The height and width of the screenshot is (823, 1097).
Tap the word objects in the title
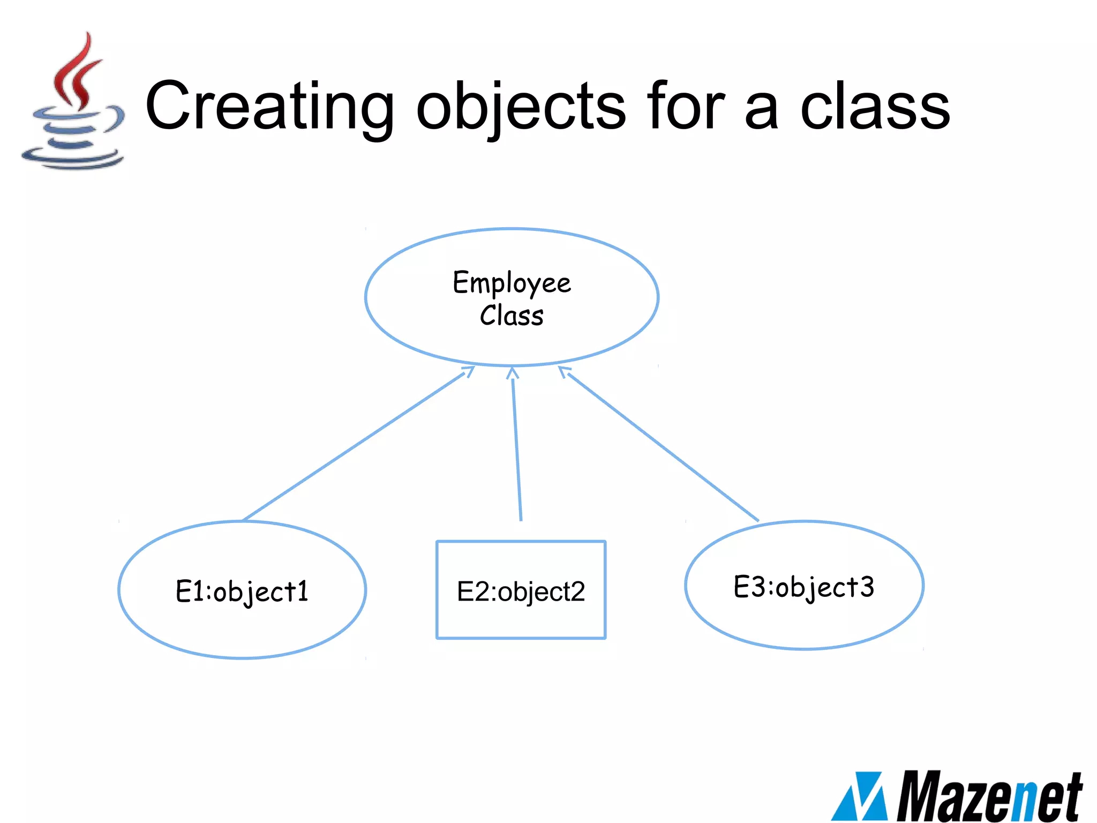tap(521, 107)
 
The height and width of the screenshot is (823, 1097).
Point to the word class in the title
tap(875, 106)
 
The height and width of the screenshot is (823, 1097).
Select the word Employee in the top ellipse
tap(512, 283)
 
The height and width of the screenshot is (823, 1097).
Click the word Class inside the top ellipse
tap(512, 316)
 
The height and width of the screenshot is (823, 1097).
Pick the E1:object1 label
tap(242, 592)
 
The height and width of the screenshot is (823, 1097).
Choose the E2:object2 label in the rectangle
tap(521, 592)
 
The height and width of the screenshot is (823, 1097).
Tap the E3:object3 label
tap(803, 587)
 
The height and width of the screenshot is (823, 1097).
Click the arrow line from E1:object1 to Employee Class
tap(354, 446)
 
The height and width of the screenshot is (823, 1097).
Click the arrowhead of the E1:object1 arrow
tap(469, 370)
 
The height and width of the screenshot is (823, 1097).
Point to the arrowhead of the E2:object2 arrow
tap(513, 372)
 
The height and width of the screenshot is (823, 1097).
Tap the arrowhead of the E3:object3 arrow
tap(563, 371)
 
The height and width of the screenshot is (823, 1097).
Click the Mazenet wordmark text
tap(989, 796)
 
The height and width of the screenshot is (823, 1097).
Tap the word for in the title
tap(685, 106)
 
